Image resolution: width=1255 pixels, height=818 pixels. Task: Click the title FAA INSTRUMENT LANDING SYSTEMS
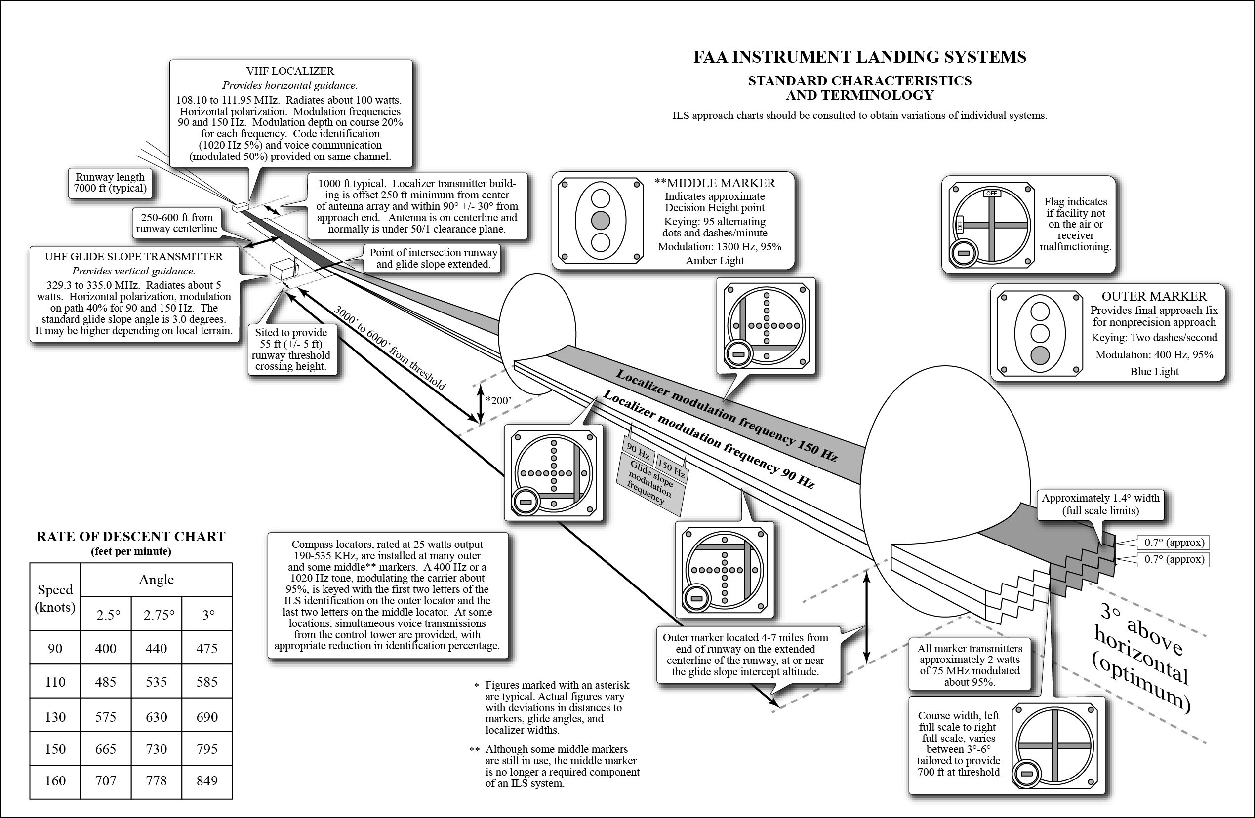pos(859,57)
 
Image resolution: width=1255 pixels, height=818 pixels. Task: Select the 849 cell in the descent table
pos(207,780)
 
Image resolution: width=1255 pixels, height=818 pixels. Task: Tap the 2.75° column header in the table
pos(157,615)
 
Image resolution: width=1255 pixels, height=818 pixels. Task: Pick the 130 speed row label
pos(55,717)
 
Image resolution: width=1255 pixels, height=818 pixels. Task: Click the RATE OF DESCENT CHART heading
pos(131,537)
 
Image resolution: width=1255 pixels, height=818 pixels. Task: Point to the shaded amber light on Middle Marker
pos(600,220)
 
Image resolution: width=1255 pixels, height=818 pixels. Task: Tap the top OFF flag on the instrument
pos(991,194)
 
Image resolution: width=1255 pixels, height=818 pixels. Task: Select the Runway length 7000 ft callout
pos(110,182)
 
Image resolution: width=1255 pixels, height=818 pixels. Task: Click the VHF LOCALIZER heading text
pos(290,71)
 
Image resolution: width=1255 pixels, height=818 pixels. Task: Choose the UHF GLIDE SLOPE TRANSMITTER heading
pos(133,257)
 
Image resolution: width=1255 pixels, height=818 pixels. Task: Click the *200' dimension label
pos(498,400)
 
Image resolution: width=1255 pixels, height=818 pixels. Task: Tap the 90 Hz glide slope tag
pos(638,452)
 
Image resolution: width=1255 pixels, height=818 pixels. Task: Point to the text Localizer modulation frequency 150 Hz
pos(726,415)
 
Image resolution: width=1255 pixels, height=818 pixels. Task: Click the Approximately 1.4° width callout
pos(1100,504)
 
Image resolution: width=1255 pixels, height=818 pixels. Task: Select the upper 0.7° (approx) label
pos(1174,543)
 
